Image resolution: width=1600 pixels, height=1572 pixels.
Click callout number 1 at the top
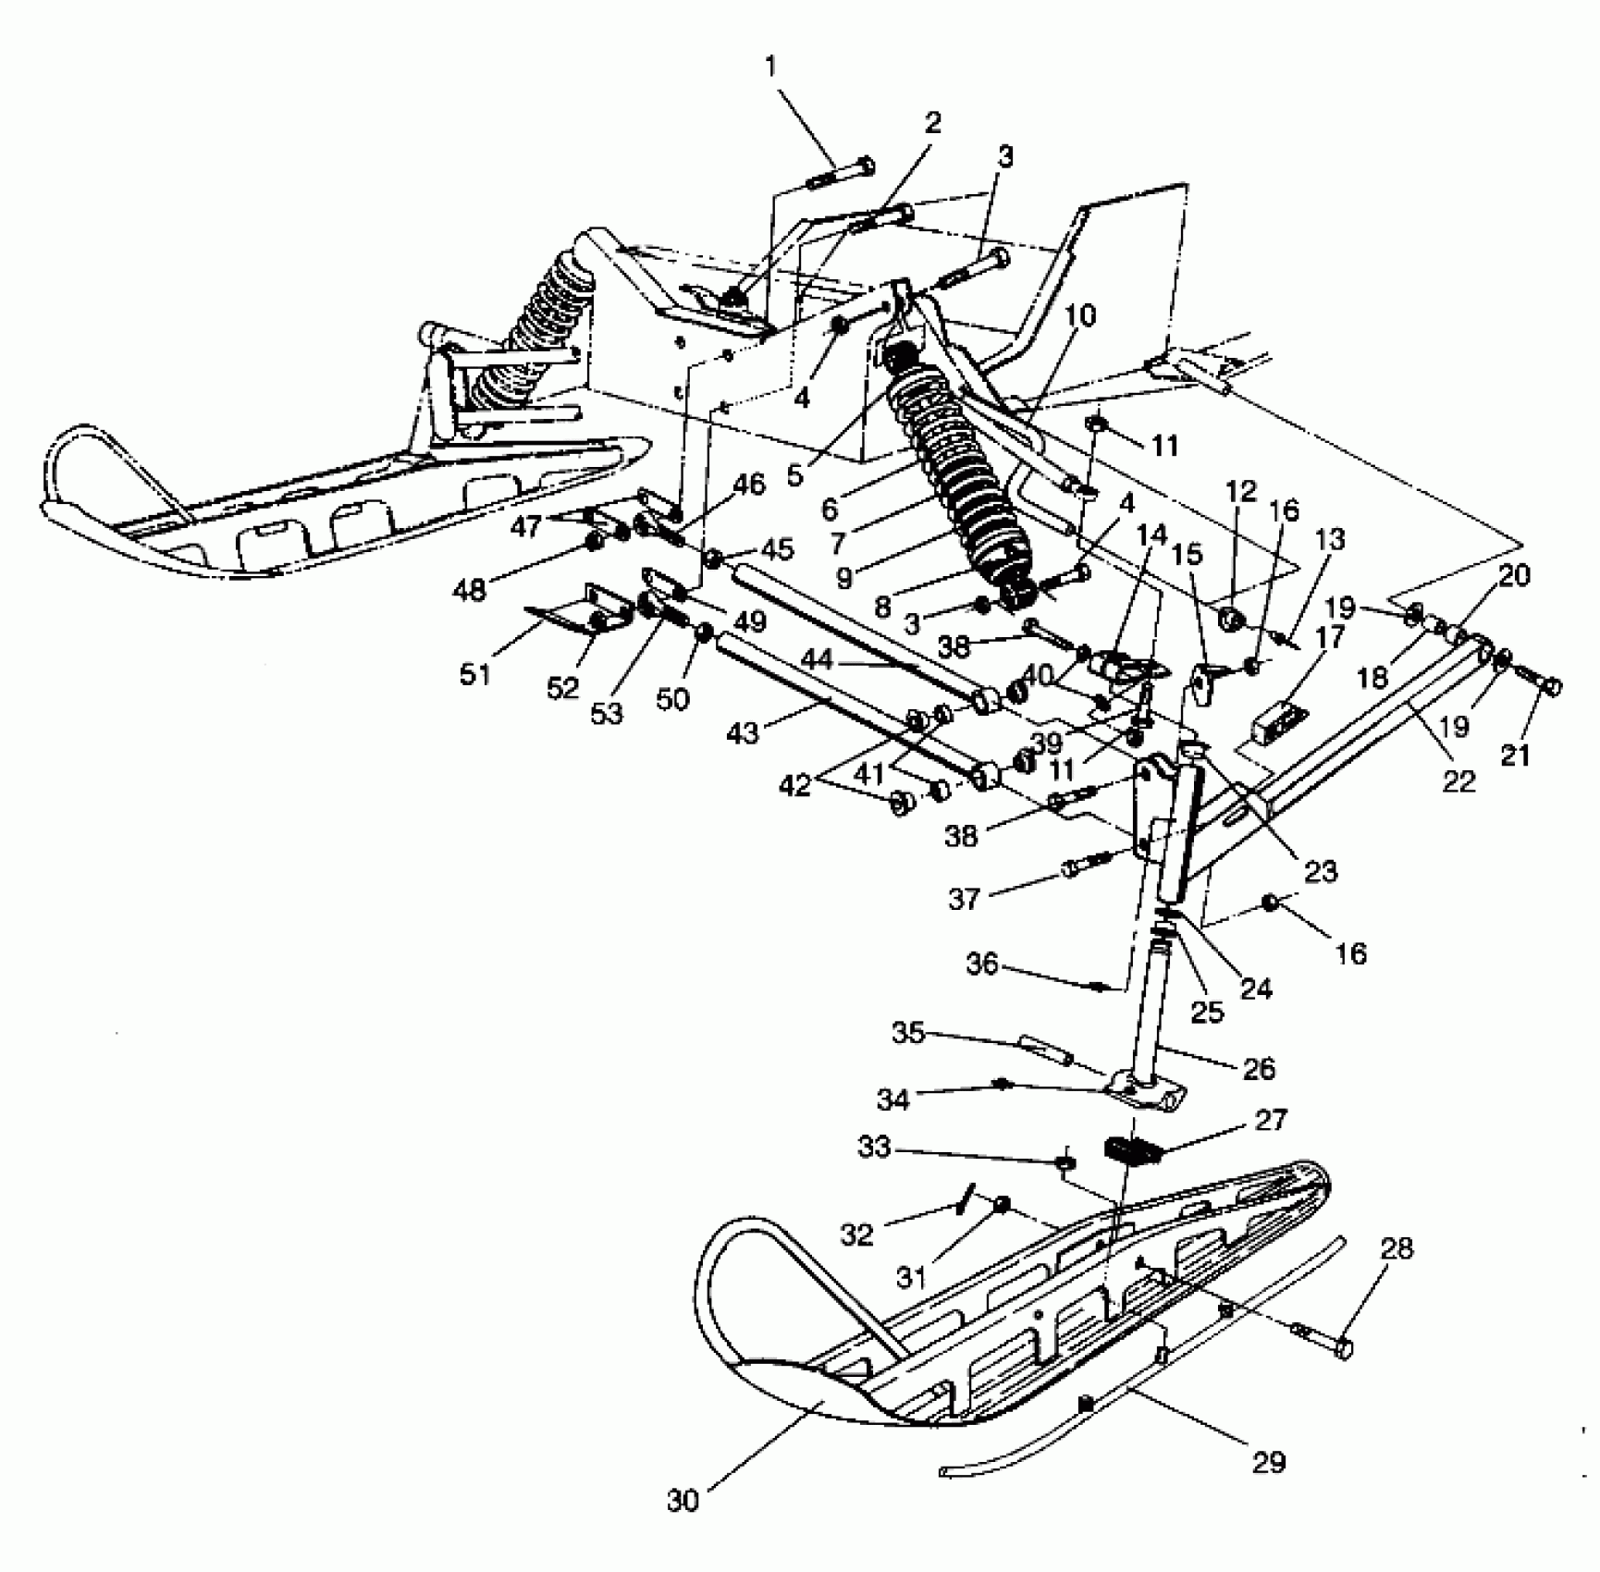[771, 67]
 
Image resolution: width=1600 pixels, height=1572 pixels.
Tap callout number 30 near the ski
[683, 1501]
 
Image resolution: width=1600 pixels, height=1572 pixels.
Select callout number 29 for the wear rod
[1269, 1461]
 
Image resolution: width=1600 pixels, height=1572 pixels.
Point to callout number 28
[1397, 1250]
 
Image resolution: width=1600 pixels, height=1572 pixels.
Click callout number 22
[1458, 781]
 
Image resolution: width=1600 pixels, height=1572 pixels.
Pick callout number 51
[475, 674]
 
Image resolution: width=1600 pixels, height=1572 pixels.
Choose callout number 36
[982, 964]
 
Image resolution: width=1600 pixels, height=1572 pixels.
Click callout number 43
[744, 732]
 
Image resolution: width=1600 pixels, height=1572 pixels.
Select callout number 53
[608, 713]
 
